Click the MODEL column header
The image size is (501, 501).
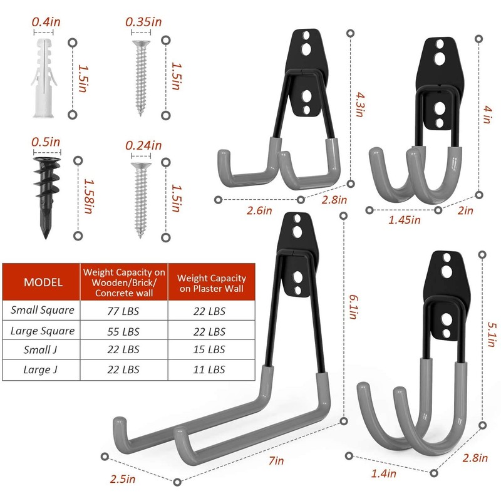pos(43,282)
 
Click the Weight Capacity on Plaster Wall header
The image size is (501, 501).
pos(211,282)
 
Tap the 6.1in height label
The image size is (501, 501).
pos(352,304)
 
